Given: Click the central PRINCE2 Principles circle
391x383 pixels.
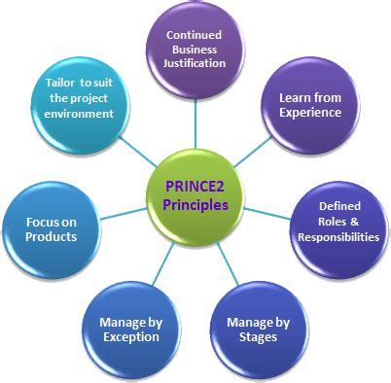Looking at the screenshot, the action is click(195, 193).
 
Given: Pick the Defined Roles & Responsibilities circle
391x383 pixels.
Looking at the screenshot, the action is click(338, 223).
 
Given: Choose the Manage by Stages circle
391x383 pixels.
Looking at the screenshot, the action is click(252, 328).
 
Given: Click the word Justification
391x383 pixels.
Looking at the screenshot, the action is click(195, 64).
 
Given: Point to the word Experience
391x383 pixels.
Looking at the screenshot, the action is click(310, 113).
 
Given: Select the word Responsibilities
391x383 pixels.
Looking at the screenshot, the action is click(338, 236).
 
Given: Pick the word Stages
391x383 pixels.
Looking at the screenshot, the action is click(252, 337).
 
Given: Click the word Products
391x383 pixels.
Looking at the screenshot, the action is click(52, 236).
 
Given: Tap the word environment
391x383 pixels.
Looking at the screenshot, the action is click(79, 114).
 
